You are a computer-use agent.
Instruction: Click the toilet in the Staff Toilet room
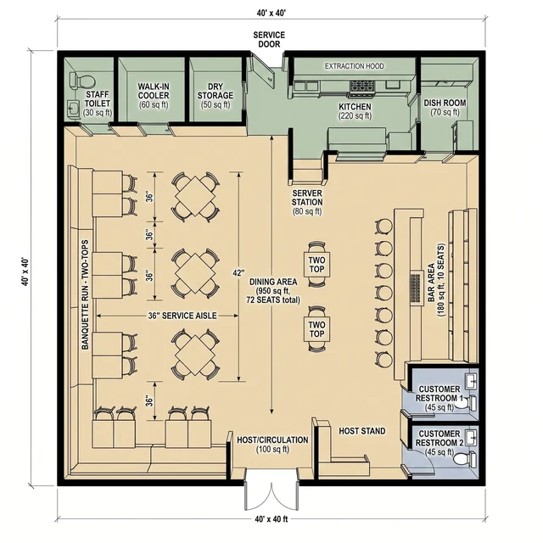click(x=81, y=80)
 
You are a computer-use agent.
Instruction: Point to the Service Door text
click(x=269, y=39)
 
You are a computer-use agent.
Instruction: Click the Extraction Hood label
click(x=355, y=66)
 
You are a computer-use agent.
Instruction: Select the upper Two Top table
click(x=316, y=264)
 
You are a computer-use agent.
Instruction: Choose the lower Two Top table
click(x=316, y=329)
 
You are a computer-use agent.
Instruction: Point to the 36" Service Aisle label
click(x=182, y=316)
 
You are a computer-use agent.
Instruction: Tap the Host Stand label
click(x=362, y=431)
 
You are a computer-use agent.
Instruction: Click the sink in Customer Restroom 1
click(x=470, y=380)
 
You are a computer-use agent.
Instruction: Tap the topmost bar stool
click(x=384, y=227)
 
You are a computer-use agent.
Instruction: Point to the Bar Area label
click(x=435, y=281)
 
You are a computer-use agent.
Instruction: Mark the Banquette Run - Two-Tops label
click(x=85, y=294)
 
